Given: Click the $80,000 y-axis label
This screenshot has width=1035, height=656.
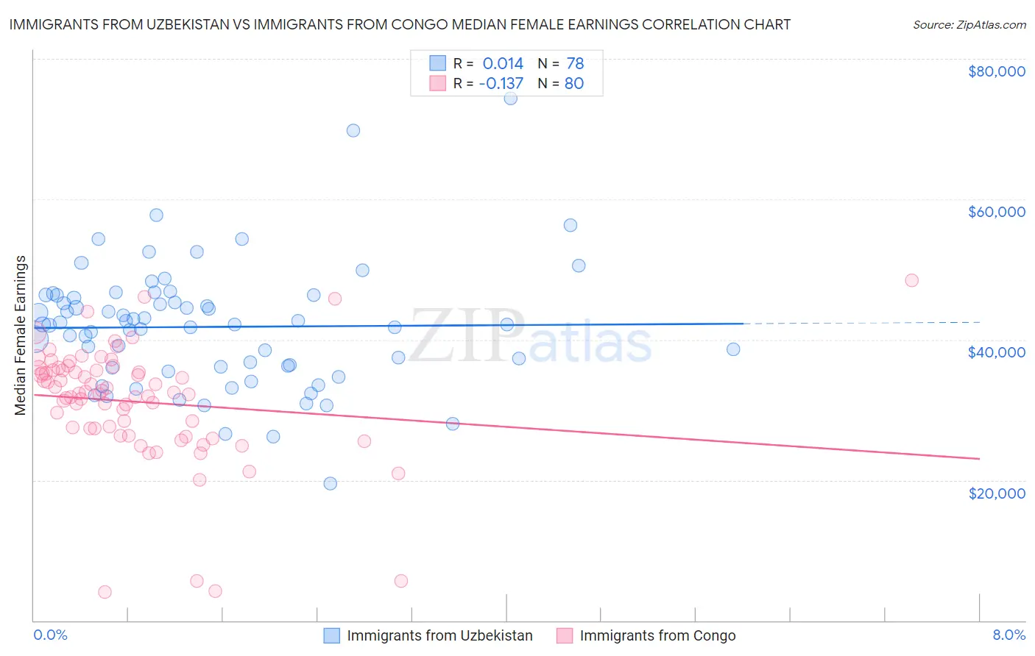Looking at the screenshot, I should coord(996,71).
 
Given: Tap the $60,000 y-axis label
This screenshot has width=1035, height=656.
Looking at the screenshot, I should coord(996,212).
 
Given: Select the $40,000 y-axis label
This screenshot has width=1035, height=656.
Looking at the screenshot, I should coord(996,352).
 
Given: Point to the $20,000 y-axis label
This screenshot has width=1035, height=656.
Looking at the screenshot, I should coord(996,493).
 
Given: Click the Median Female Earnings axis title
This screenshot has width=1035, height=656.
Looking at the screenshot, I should coord(21,335).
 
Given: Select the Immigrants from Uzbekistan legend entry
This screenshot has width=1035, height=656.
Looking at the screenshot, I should coord(439,636).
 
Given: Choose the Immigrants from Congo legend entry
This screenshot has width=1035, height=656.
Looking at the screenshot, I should coord(657,636).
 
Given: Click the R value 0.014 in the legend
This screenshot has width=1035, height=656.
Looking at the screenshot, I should coord(503,64).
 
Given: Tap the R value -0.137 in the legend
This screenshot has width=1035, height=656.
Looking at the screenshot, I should coord(501,84).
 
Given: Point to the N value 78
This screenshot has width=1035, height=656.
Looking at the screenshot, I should coord(575,64).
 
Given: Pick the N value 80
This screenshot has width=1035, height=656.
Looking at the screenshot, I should coord(574,84).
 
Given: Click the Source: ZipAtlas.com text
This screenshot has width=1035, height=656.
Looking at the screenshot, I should coord(969,25).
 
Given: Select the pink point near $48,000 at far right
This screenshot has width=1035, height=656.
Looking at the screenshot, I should coord(911,280).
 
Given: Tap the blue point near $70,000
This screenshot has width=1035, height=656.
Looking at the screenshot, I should coord(353,131).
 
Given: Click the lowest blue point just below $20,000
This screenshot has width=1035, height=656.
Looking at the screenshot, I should coord(331,484).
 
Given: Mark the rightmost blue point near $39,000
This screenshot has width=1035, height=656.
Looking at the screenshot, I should coord(733,349).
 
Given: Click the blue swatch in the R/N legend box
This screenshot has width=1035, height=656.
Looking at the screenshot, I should coord(438,63).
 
